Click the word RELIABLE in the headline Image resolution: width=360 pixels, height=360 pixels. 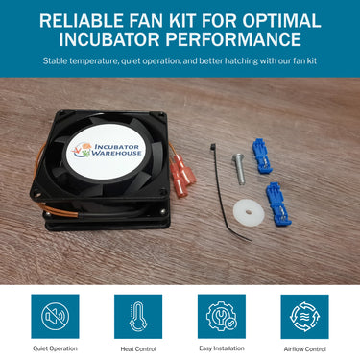point(82,21)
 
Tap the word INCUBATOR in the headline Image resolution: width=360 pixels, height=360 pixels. point(109,39)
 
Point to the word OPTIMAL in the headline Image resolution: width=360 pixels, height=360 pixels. point(281,21)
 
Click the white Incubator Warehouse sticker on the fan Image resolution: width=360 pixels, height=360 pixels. point(106,151)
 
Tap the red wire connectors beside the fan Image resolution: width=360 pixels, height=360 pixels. point(182,174)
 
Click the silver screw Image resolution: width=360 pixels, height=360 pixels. point(238,169)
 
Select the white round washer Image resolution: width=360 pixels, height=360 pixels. point(249,213)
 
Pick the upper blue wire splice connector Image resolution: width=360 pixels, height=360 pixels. point(262,156)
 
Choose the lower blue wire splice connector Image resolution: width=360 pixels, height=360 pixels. point(278,204)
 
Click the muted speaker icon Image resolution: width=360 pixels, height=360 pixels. point(55,317)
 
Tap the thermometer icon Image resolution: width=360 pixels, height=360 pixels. point(138,317)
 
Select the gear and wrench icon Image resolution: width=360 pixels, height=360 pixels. point(222,316)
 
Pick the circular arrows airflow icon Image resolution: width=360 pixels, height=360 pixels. point(304,317)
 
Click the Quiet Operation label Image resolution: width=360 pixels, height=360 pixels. point(55,348)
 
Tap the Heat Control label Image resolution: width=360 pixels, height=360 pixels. point(138,349)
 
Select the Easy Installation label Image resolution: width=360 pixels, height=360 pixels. point(222,348)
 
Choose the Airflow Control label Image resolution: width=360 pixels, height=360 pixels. point(305,349)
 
